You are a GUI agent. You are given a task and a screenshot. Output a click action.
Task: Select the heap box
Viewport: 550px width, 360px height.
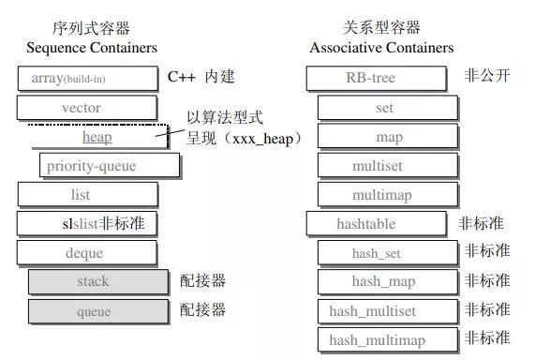click(97, 137)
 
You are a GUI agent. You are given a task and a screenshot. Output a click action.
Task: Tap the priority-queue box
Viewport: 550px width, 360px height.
click(110, 166)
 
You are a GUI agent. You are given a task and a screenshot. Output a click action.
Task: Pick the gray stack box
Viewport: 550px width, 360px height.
click(93, 281)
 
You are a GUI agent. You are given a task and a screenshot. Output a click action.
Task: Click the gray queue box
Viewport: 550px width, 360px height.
click(93, 310)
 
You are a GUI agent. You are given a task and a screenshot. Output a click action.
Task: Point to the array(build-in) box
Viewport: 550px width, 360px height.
click(87, 78)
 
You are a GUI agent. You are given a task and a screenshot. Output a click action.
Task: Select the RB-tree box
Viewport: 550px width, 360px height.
click(376, 78)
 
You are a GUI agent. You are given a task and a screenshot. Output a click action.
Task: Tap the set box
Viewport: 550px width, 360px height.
click(386, 108)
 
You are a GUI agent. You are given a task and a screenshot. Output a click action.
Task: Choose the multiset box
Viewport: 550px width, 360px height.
click(386, 166)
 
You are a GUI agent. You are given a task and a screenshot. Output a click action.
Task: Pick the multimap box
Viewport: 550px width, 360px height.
click(386, 195)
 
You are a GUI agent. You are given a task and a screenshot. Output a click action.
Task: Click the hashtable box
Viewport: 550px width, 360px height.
click(376, 224)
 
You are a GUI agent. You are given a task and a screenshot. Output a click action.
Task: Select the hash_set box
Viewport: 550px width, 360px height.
click(386, 253)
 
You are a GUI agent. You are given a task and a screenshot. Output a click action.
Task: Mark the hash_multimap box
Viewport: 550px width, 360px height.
click(386, 339)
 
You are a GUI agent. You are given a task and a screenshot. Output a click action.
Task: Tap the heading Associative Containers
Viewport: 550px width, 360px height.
click(381, 48)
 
